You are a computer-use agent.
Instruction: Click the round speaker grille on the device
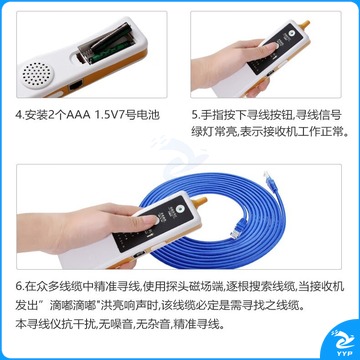[x=37, y=74]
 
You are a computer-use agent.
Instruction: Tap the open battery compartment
[x=106, y=44]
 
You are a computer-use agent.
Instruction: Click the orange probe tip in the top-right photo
[x=304, y=25]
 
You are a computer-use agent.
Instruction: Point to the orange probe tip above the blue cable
[x=200, y=201]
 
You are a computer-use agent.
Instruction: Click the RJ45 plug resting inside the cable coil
[x=237, y=229]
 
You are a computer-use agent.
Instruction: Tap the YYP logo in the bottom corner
[x=342, y=343]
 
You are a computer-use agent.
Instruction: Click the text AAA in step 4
[x=79, y=115]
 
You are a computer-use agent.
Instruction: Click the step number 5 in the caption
[x=194, y=115]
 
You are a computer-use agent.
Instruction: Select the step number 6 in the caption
[x=19, y=287]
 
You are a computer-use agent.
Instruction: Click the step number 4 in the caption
[x=19, y=115]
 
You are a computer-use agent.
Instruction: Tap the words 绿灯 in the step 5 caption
[x=202, y=133]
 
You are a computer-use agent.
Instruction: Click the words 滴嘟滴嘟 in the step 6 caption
[x=71, y=305]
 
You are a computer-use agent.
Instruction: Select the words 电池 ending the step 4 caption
[x=149, y=115]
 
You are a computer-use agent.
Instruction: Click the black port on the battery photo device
[x=76, y=86]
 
